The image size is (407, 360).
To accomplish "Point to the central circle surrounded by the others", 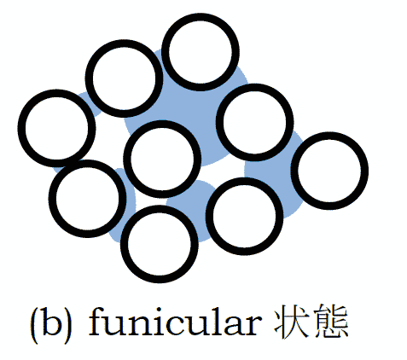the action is [x=162, y=125].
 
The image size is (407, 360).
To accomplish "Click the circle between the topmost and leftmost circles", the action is [x=125, y=44].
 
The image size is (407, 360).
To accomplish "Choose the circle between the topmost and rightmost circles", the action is [x=255, y=88].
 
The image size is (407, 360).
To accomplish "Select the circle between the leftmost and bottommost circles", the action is [x=88, y=164].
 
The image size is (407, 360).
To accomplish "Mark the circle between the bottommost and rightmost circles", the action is [x=244, y=181].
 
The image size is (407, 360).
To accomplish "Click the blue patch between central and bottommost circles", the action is [x=194, y=194].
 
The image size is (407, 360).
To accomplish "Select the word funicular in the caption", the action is [x=175, y=322].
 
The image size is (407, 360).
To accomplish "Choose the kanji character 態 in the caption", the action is [x=330, y=322].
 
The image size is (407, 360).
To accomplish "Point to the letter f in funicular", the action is [x=96, y=322].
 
